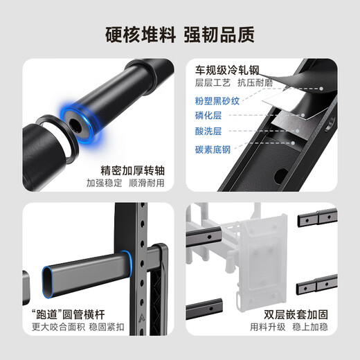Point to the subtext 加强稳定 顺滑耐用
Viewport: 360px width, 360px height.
pos(125,183)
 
